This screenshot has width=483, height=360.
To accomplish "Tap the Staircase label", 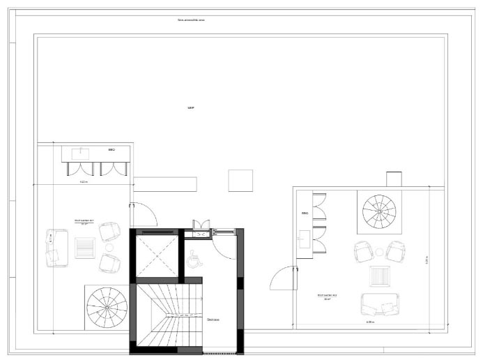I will (x=213, y=320).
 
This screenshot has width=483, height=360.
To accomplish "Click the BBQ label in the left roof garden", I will (x=111, y=150).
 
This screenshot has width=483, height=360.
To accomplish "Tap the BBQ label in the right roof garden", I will (x=305, y=213).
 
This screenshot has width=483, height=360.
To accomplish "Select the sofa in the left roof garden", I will (x=55, y=248).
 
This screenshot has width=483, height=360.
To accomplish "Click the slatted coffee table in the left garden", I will (x=85, y=247).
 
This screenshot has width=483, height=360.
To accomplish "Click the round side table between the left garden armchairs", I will (x=109, y=246).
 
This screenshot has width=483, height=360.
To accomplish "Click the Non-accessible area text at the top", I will (x=191, y=20).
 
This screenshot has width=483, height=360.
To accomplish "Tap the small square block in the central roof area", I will (x=240, y=180).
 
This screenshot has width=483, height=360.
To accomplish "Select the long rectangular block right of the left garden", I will (x=166, y=184).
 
